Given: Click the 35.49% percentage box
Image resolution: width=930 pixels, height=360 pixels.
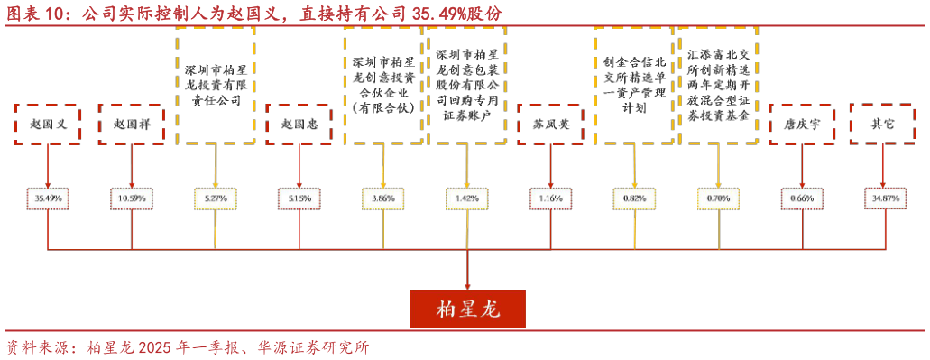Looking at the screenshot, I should (48, 198).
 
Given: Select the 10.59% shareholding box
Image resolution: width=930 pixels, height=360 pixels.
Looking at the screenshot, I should (132, 198).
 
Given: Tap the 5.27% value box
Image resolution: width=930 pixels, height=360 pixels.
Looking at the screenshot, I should (216, 198).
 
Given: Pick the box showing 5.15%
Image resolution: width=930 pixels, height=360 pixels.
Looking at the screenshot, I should (299, 198).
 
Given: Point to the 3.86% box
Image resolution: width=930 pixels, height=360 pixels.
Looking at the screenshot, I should (383, 198).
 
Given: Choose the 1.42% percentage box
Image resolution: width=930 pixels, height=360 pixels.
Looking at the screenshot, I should (467, 198).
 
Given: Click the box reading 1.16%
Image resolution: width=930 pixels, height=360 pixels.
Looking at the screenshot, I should (551, 198).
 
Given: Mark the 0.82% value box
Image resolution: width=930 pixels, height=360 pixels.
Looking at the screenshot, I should (635, 198).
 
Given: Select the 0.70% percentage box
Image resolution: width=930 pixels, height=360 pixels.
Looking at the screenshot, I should (719, 198).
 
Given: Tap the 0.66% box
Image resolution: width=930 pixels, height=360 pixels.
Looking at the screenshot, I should (802, 198).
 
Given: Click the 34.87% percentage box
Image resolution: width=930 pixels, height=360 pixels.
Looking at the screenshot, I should (883, 198).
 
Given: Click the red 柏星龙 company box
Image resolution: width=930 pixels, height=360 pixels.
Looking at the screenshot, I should (467, 309).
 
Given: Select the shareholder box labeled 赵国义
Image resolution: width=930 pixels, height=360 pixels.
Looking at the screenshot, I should (48, 125).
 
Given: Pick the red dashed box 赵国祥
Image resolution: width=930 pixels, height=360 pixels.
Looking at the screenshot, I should (132, 125).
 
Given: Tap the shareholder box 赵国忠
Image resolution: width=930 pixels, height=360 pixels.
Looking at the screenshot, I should (299, 125).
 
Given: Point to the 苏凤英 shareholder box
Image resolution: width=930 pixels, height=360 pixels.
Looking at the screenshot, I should (551, 125).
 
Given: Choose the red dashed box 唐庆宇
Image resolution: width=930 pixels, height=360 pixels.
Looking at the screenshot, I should (802, 125).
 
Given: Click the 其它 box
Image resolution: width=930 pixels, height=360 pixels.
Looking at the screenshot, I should (883, 125).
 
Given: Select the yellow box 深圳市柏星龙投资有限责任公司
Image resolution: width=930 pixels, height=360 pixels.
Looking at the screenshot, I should (216, 86).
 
